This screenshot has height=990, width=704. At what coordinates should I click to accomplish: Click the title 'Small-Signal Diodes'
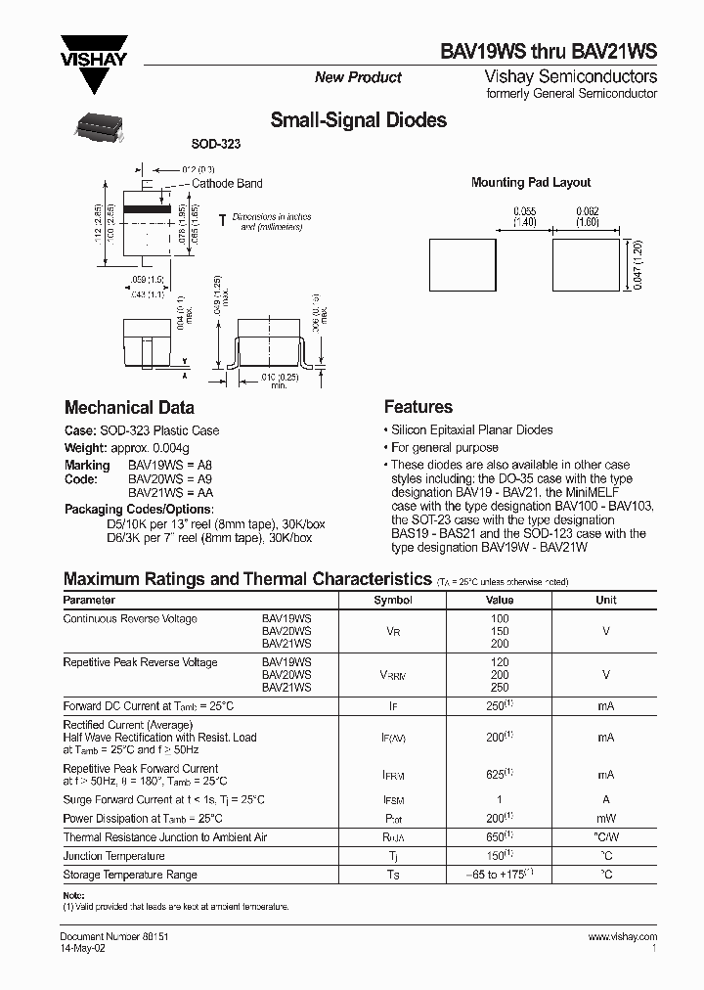point(358,120)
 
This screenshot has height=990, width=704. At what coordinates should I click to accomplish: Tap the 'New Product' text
point(358,77)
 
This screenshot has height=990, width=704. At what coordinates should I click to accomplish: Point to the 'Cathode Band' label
point(227,184)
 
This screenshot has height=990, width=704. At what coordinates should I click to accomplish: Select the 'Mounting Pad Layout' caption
point(531,183)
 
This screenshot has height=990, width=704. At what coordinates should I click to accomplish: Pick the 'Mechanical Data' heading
point(129,408)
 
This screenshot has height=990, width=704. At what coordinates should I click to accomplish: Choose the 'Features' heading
point(418,407)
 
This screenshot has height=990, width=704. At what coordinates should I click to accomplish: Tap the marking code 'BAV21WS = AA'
point(170,493)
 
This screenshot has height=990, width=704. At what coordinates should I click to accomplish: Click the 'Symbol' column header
point(393,601)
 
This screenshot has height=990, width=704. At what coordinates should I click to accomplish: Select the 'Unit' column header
point(606,601)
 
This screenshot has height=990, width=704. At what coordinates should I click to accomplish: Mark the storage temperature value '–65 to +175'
point(501,875)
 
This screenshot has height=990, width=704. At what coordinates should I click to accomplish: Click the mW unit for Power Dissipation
point(606,819)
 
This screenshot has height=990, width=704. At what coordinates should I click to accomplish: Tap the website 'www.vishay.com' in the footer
point(622,937)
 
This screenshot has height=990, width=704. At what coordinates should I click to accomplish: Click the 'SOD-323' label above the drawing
point(216,144)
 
